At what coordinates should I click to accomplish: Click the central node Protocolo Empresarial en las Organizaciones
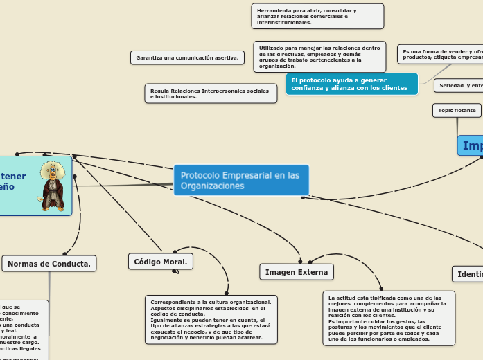[240, 180]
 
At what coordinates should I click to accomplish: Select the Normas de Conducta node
[49, 263]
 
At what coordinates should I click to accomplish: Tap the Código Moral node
[161, 261]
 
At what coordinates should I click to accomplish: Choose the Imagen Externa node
[297, 272]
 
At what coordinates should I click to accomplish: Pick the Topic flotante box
[456, 110]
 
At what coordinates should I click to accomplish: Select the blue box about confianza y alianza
[351, 84]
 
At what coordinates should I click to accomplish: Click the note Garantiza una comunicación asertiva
[187, 57]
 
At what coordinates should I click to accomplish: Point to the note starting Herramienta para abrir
[318, 17]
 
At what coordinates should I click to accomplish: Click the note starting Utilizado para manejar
[318, 57]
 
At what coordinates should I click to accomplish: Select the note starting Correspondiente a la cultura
[211, 319]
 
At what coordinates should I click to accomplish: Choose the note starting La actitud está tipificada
[389, 317]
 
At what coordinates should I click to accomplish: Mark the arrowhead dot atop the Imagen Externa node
[300, 262]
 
